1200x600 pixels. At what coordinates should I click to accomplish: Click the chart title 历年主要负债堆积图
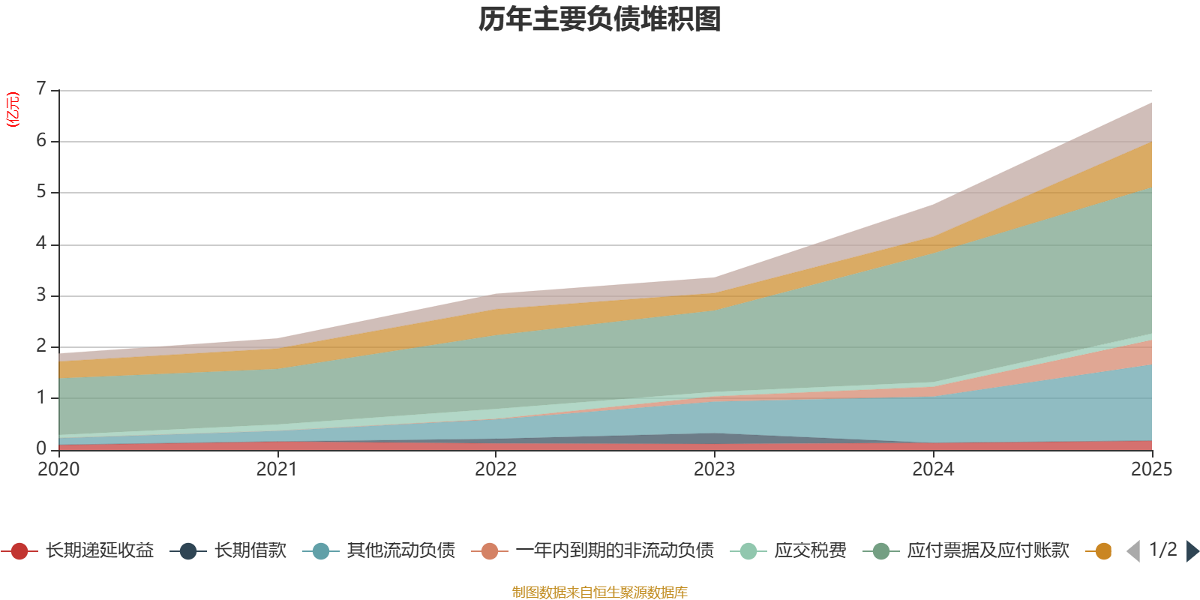pos(600,19)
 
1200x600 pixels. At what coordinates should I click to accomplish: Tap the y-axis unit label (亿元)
pos(13,109)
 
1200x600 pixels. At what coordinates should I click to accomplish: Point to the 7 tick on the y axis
pos(41,89)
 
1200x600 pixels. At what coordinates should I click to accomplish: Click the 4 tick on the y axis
pos(41,244)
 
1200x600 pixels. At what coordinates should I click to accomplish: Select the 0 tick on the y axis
pos(41,448)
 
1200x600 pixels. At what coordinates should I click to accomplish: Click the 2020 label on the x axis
pos(58,469)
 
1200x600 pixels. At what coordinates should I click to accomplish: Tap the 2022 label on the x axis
pos(496,469)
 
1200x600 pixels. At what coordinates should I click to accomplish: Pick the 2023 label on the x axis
pos(714,469)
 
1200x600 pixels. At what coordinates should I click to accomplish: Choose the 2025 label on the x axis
pos(1150,469)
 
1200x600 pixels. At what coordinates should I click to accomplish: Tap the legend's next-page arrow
pos(1192,551)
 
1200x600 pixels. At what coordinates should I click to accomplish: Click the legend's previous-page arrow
pos(1133,551)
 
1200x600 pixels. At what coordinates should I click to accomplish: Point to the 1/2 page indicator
pos(1162,550)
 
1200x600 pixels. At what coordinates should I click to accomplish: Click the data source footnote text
pos(600,592)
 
